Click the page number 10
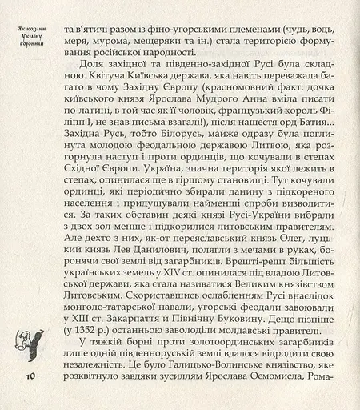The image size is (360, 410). click(x=30, y=376)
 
